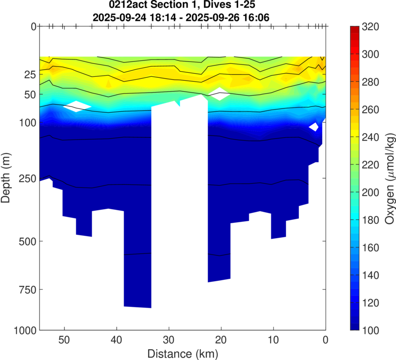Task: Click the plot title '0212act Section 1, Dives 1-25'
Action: (182, 6)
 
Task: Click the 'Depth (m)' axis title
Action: (6, 178)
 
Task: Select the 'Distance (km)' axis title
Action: (182, 353)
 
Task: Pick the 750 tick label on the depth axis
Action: (26, 289)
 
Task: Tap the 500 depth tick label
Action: (26, 241)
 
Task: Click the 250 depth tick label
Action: (26, 178)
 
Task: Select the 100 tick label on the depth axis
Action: (26, 122)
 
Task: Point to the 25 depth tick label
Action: (28, 75)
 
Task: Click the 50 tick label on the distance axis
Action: (63, 340)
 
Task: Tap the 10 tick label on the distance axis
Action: (273, 340)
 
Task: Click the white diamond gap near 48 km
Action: (78, 106)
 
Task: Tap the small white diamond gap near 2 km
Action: (313, 127)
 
